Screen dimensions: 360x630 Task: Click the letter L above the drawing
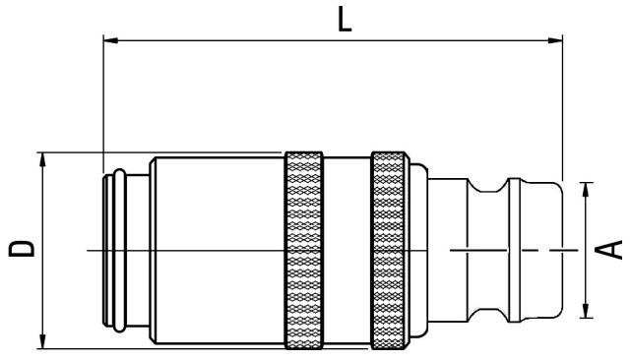click(344, 20)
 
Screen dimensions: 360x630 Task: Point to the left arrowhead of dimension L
click(109, 41)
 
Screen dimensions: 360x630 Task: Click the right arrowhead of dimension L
click(556, 41)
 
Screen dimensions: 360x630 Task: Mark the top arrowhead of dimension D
click(43, 158)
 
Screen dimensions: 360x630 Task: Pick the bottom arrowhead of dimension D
click(43, 341)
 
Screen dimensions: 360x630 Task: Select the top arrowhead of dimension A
click(587, 187)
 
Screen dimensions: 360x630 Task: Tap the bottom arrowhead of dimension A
click(587, 312)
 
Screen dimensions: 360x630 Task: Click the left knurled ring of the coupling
click(304, 250)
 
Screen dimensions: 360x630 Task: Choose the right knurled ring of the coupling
click(391, 250)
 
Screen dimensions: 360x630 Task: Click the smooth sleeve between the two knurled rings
click(347, 250)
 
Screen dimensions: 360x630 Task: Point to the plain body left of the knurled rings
click(217, 250)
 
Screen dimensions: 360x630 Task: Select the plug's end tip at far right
click(539, 250)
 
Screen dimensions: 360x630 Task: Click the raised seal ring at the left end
click(117, 250)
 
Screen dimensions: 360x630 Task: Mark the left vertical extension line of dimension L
click(103, 98)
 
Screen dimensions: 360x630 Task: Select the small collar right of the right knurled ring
click(418, 250)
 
